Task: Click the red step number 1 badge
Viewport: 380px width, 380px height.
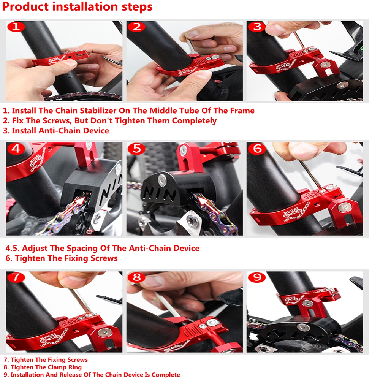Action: tap(16, 27)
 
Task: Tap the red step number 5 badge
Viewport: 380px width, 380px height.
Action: tap(136, 148)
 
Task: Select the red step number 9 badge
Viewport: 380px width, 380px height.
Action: tap(257, 277)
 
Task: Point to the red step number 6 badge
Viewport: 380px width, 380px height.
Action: tap(257, 148)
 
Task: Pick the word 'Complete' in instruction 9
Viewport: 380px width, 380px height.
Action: tap(166, 375)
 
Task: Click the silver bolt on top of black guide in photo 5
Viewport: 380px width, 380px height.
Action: tap(162, 180)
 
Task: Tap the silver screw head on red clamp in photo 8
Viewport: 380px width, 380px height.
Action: tap(212, 322)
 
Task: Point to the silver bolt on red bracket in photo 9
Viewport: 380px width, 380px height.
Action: tap(307, 303)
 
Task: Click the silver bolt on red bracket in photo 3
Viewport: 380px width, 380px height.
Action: tap(325, 65)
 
